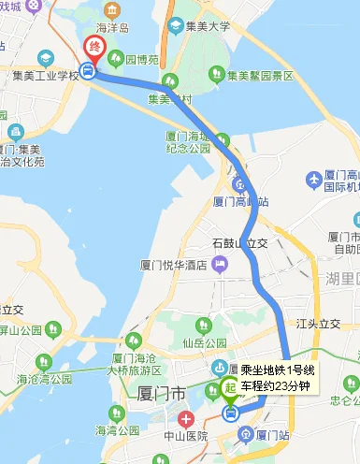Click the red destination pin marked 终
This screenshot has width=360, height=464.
(94, 48)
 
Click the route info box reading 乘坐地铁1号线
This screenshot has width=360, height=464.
(278, 378)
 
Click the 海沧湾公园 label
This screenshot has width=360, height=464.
(44, 379)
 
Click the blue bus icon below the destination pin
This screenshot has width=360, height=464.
(87, 70)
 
